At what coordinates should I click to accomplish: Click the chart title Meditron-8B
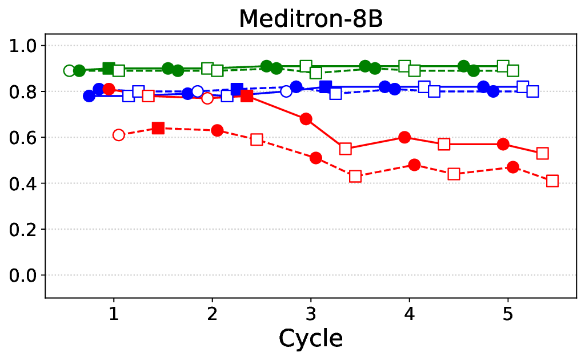[x=310, y=18]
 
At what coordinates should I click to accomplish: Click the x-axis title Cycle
[x=311, y=338]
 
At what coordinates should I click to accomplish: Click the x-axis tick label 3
[x=311, y=313]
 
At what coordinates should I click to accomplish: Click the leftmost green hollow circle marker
[x=69, y=71]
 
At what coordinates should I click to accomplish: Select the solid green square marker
[x=109, y=69]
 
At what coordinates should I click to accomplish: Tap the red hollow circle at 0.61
[x=119, y=135]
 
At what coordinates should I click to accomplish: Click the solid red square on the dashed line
[x=158, y=128]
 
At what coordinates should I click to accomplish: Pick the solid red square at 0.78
[x=247, y=96]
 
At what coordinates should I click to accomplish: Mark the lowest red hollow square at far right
[x=552, y=181]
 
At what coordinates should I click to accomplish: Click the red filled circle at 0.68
[x=306, y=119]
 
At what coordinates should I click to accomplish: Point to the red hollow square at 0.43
[x=355, y=177]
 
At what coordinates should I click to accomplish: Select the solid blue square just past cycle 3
[x=326, y=87]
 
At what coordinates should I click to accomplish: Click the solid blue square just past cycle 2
[x=237, y=89]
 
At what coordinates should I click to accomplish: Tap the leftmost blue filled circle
[x=89, y=96]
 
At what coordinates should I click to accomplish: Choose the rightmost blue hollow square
[x=532, y=91]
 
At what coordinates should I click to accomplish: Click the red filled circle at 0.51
[x=316, y=158]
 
